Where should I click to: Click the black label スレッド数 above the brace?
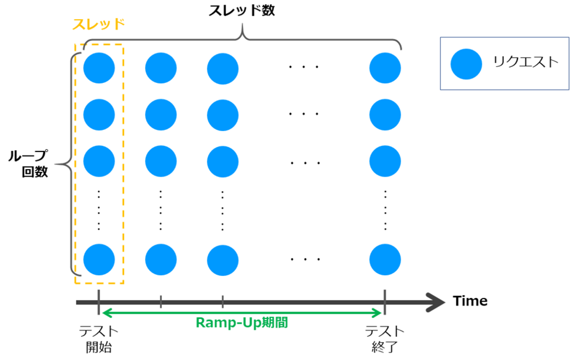[x=242, y=10]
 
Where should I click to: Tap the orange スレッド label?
[x=98, y=25]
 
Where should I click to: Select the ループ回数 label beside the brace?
[x=29, y=164]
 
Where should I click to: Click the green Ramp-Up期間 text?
[x=242, y=323]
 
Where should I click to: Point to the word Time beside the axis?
[x=470, y=301]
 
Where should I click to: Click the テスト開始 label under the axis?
[x=98, y=339]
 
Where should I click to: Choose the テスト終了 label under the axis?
[x=385, y=339]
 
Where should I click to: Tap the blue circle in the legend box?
[x=466, y=64]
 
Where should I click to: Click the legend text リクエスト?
[x=525, y=62]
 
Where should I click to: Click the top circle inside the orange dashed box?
[x=99, y=68]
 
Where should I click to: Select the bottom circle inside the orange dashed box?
[x=99, y=260]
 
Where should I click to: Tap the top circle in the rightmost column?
[x=385, y=68]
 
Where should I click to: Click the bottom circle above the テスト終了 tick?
[x=385, y=260]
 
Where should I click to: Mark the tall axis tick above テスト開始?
[x=98, y=301]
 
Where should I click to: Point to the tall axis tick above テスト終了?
[x=385, y=301]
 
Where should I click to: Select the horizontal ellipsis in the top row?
[x=303, y=67]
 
